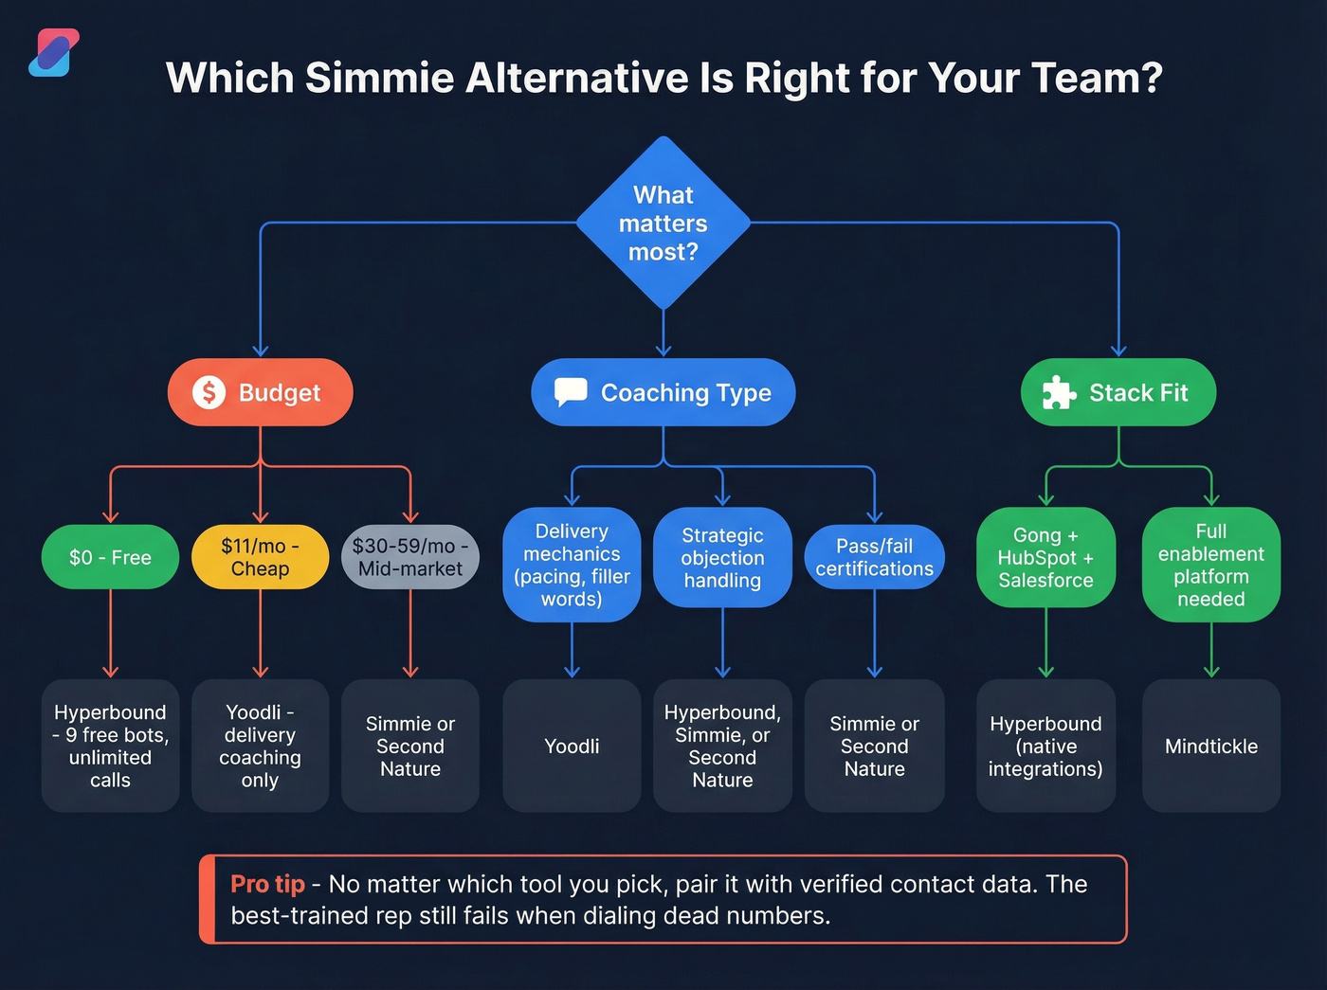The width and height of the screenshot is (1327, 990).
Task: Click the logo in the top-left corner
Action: [54, 53]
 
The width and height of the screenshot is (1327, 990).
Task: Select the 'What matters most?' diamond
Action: [663, 224]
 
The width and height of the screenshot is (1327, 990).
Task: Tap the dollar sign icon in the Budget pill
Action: [209, 392]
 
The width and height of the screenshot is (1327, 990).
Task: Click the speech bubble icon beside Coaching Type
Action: [571, 391]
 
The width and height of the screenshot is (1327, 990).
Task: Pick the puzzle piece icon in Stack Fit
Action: [1058, 392]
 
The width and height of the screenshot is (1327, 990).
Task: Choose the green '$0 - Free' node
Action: [110, 557]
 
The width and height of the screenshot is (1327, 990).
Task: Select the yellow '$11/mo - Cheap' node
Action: [260, 557]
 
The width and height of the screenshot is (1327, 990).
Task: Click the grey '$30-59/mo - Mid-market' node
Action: [409, 557]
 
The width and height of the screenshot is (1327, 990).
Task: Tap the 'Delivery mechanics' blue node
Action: [572, 565]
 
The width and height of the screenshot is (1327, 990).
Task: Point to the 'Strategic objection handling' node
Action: [722, 557]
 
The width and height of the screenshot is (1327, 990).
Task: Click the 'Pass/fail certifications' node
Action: [874, 557]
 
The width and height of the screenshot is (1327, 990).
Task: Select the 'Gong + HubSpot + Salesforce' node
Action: [1045, 557]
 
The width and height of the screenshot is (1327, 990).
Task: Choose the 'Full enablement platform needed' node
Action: [1210, 565]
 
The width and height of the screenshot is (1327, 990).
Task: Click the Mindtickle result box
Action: [1210, 746]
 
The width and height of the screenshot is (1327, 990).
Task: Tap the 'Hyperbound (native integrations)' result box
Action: [1045, 746]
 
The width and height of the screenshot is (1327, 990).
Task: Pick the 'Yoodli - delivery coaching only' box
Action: [260, 746]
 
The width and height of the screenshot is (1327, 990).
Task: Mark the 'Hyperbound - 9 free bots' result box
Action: [110, 746]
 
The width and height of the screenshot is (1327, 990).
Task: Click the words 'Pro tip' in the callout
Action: [267, 884]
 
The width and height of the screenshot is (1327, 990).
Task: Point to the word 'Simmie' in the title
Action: [379, 78]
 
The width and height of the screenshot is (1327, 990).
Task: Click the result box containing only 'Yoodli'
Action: [572, 746]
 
